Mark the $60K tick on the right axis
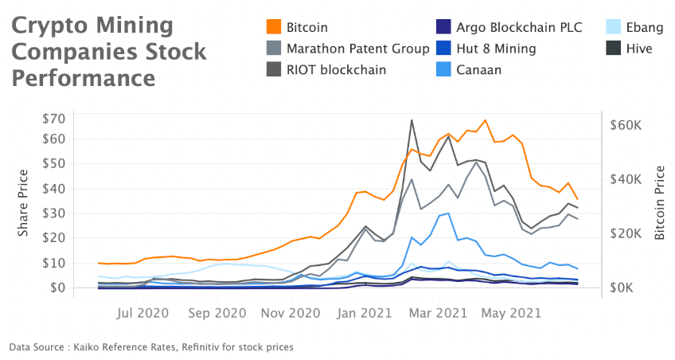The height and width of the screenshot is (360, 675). [x=626, y=124]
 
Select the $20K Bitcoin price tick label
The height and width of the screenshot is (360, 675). [x=626, y=233]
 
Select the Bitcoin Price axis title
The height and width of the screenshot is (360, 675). [x=659, y=203]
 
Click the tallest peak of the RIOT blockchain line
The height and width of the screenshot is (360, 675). [x=412, y=121]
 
